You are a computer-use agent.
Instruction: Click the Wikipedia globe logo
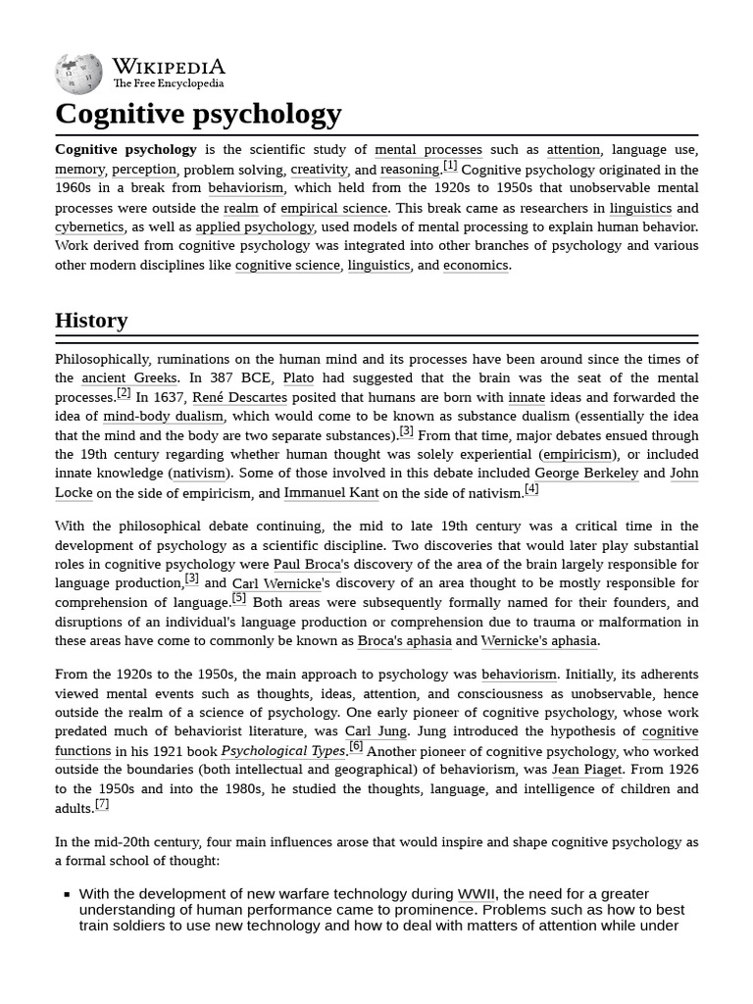tap(78, 73)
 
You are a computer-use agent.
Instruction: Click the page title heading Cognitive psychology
tap(198, 114)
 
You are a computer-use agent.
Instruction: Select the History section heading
tap(91, 321)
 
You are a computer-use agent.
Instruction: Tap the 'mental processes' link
tap(428, 150)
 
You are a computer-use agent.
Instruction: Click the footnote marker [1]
tap(450, 166)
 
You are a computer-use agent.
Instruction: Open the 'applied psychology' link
tap(254, 226)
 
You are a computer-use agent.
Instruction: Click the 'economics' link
tap(476, 265)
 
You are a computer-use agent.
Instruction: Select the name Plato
tap(299, 378)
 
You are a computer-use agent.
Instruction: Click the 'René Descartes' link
tap(239, 397)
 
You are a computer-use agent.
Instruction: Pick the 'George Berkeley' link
tap(586, 474)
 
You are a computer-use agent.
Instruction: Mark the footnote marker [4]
tap(531, 489)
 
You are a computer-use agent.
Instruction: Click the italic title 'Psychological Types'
tap(282, 751)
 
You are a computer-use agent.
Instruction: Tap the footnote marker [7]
tap(102, 804)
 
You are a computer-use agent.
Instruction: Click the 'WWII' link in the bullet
tap(477, 894)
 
